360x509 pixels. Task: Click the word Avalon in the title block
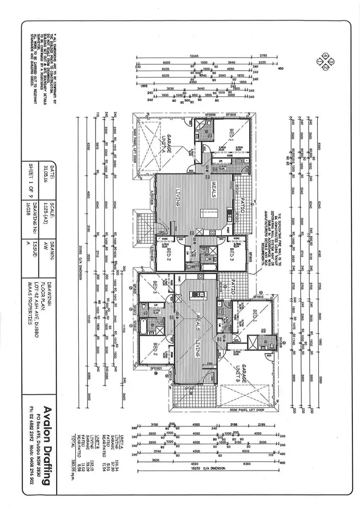(47, 420)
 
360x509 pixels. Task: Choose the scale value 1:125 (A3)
(46, 210)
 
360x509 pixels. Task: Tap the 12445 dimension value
(194, 57)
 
